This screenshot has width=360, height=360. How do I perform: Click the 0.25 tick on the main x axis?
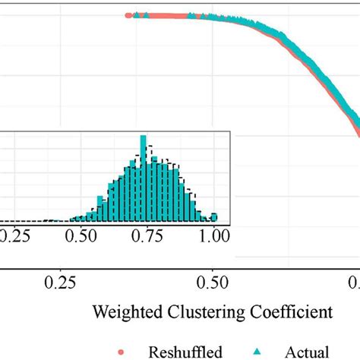coord(61,283)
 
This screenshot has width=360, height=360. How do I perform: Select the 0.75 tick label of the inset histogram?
coord(143,237)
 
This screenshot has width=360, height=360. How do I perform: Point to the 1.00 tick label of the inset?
coord(213,237)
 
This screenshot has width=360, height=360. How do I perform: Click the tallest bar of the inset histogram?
coord(142,178)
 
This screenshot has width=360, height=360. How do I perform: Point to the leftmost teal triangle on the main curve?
coord(137,14)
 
